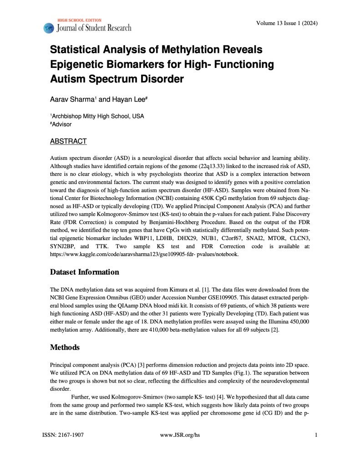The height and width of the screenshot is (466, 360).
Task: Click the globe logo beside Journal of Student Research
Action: [x=49, y=28]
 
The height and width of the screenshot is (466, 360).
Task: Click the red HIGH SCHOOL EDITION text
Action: [x=79, y=20]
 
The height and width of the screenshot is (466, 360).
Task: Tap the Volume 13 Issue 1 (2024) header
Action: [x=287, y=24]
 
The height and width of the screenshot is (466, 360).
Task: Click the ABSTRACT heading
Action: [x=68, y=142]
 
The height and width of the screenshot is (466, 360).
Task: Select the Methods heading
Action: [x=65, y=347]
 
